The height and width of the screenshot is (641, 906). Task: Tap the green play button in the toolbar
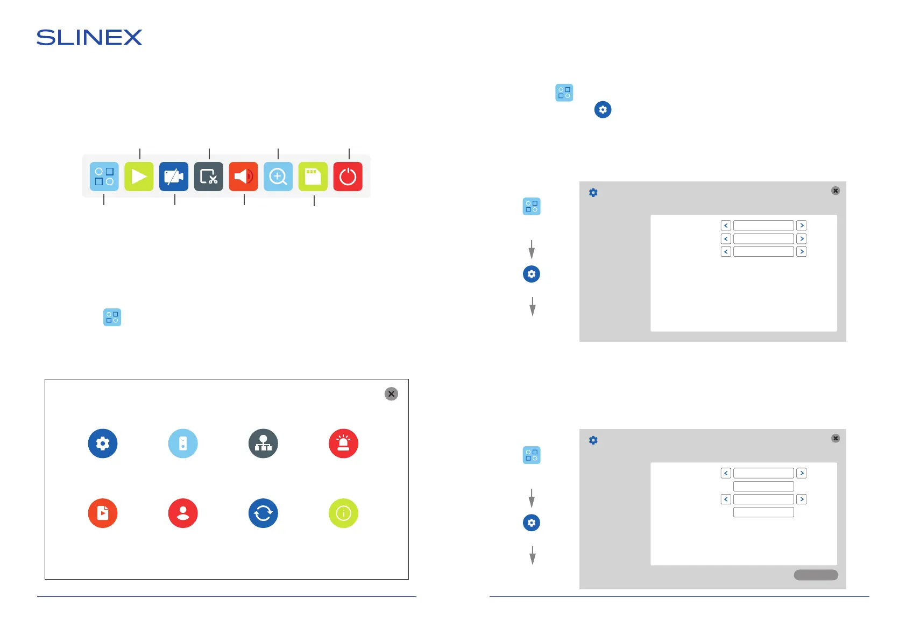(139, 177)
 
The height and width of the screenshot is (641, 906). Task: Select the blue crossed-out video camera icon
(174, 177)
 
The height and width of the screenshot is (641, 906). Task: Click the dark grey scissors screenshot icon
(209, 177)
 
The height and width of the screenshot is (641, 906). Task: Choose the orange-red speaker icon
(243, 177)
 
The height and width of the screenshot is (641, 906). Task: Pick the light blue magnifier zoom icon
(278, 177)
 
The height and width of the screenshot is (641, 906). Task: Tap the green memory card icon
(313, 177)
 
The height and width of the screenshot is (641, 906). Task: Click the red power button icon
(348, 177)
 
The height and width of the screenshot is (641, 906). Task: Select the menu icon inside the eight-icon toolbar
(104, 177)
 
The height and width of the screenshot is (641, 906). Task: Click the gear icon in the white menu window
(103, 443)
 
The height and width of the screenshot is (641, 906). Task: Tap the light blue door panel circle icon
(183, 443)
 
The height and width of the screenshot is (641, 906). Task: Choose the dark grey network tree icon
(263, 443)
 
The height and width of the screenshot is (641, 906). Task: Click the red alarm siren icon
(343, 443)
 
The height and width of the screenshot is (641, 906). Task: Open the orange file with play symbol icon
(103, 513)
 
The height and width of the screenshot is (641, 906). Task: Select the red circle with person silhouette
(183, 513)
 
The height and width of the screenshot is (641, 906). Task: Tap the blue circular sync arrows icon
(263, 513)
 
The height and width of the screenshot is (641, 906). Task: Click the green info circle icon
(343, 513)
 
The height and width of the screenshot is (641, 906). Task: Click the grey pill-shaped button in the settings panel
(816, 575)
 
